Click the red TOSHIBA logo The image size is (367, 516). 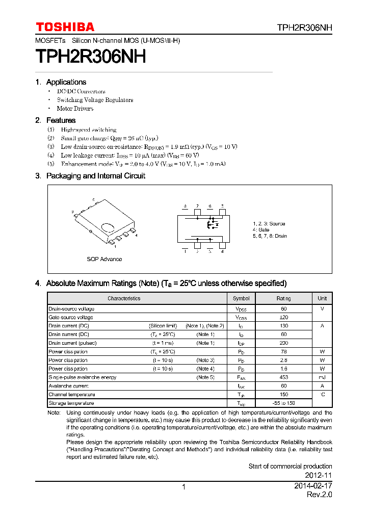tap(65, 27)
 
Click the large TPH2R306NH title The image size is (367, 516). tap(91, 57)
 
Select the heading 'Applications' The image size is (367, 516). tap(66, 82)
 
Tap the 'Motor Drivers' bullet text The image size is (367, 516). tap(75, 109)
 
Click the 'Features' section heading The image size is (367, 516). tap(61, 120)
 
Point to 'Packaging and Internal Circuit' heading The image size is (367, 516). tap(95, 176)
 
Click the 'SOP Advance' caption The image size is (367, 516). tap(104, 259)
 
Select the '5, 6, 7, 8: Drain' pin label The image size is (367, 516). tap(270, 236)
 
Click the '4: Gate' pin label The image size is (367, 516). tap(261, 230)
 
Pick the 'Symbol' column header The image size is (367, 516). tap(241, 298)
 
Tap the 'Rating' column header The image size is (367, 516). tap(284, 298)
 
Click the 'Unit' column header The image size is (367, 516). tap(322, 298)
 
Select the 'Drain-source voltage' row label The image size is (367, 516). tap(71, 309)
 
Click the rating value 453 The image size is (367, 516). tap(284, 377)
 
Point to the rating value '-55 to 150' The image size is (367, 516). tap(284, 403)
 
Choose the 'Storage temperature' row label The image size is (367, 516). tap(71, 403)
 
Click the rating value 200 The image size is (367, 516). tap(284, 343)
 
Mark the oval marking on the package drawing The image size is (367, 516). tap(108, 227)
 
